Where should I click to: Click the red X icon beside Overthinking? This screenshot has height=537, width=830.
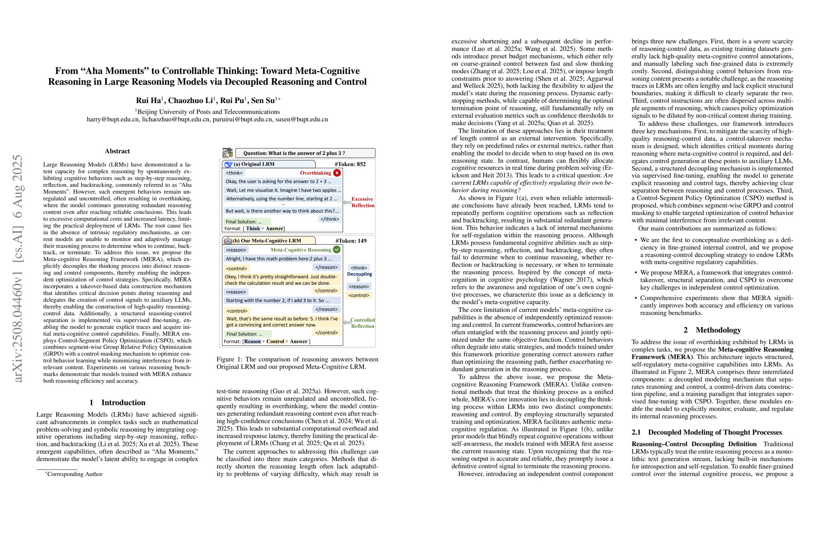click(337, 173)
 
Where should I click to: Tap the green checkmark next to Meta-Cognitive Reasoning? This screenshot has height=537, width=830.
click(337, 250)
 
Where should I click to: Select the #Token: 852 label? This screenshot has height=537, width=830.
click(350, 164)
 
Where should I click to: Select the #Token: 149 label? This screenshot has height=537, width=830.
click(351, 241)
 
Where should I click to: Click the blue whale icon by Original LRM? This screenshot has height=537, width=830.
click(229, 164)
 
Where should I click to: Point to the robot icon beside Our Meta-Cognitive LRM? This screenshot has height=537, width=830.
click(228, 241)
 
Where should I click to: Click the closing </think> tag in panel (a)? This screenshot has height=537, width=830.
click(330, 219)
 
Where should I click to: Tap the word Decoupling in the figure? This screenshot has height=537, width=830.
click(359, 274)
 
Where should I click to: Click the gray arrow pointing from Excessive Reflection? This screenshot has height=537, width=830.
click(347, 203)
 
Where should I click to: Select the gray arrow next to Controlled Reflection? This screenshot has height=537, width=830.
click(347, 323)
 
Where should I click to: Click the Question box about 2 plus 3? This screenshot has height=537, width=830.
click(305, 153)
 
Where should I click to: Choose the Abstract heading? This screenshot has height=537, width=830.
click(117, 151)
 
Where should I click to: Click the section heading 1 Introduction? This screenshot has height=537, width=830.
click(117, 403)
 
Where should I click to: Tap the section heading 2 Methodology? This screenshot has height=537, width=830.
click(712, 330)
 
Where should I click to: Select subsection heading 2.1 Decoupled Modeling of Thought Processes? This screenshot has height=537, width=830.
click(707, 432)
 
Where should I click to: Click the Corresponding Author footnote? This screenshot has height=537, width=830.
click(74, 474)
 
